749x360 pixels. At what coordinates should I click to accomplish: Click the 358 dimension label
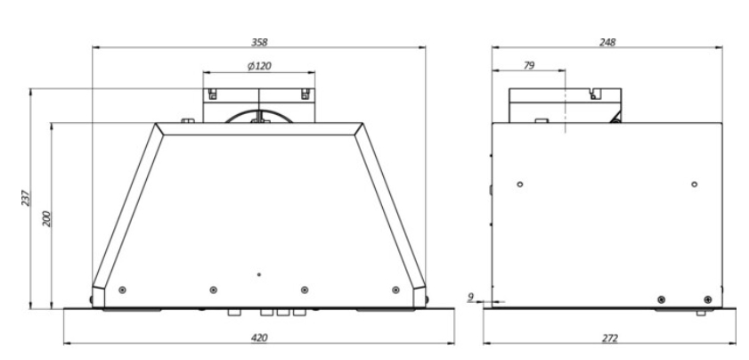(x=259, y=42)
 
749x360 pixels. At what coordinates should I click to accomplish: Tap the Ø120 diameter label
(x=259, y=66)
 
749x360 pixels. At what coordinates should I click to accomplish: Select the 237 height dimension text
(x=25, y=198)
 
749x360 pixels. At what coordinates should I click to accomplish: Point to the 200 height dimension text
(x=46, y=218)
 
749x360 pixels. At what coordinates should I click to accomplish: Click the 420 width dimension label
(x=259, y=338)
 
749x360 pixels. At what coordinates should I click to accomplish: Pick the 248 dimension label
(x=607, y=42)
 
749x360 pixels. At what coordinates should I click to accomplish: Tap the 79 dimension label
(x=529, y=66)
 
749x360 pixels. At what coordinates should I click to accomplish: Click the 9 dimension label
(x=470, y=297)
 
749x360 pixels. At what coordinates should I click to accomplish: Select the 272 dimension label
(x=610, y=338)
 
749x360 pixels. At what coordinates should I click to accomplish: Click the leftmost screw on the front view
(x=122, y=290)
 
